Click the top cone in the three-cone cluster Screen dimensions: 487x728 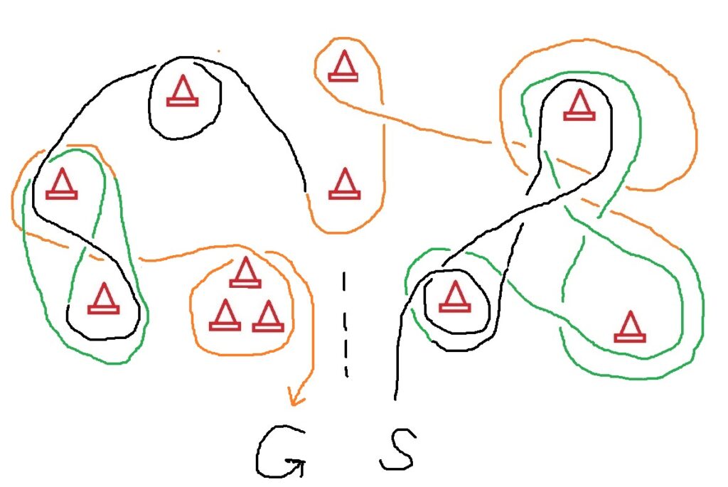point(245,272)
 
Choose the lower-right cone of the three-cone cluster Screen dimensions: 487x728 point(268,317)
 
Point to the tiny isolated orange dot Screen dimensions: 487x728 point(218,51)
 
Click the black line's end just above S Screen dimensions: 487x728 point(395,397)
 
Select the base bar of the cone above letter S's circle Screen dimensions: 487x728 point(454,308)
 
